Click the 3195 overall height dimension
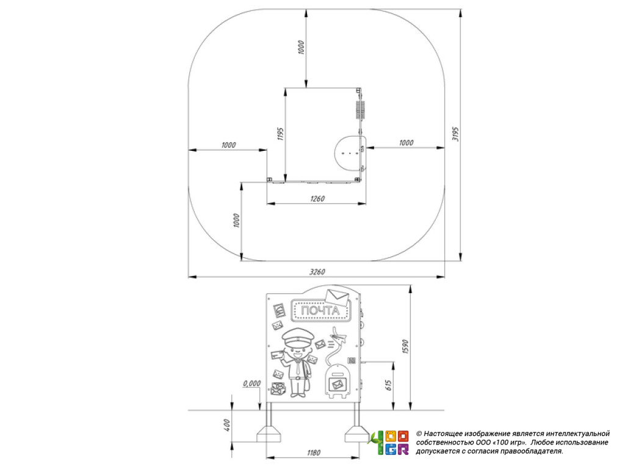455,134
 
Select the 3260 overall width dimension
317,272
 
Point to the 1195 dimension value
280,134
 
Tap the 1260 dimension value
317,198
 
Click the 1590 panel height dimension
405,347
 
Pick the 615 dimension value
389,385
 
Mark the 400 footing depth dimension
227,425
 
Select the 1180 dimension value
314,453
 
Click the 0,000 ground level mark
252,384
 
